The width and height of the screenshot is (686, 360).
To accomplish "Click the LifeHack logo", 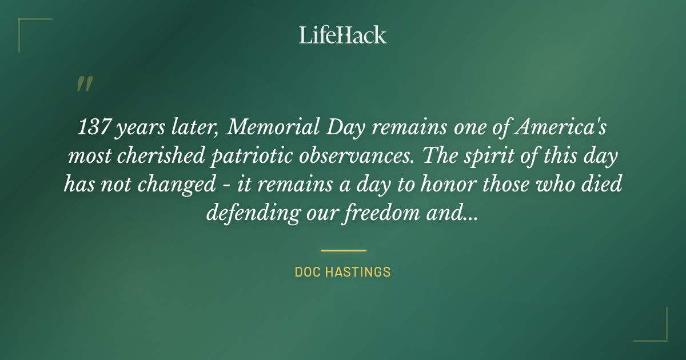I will (342, 35).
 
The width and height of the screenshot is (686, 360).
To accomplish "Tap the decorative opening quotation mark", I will (85, 84).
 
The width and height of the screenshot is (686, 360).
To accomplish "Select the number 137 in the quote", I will (94, 127).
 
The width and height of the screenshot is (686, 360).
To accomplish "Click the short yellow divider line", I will (343, 250).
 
